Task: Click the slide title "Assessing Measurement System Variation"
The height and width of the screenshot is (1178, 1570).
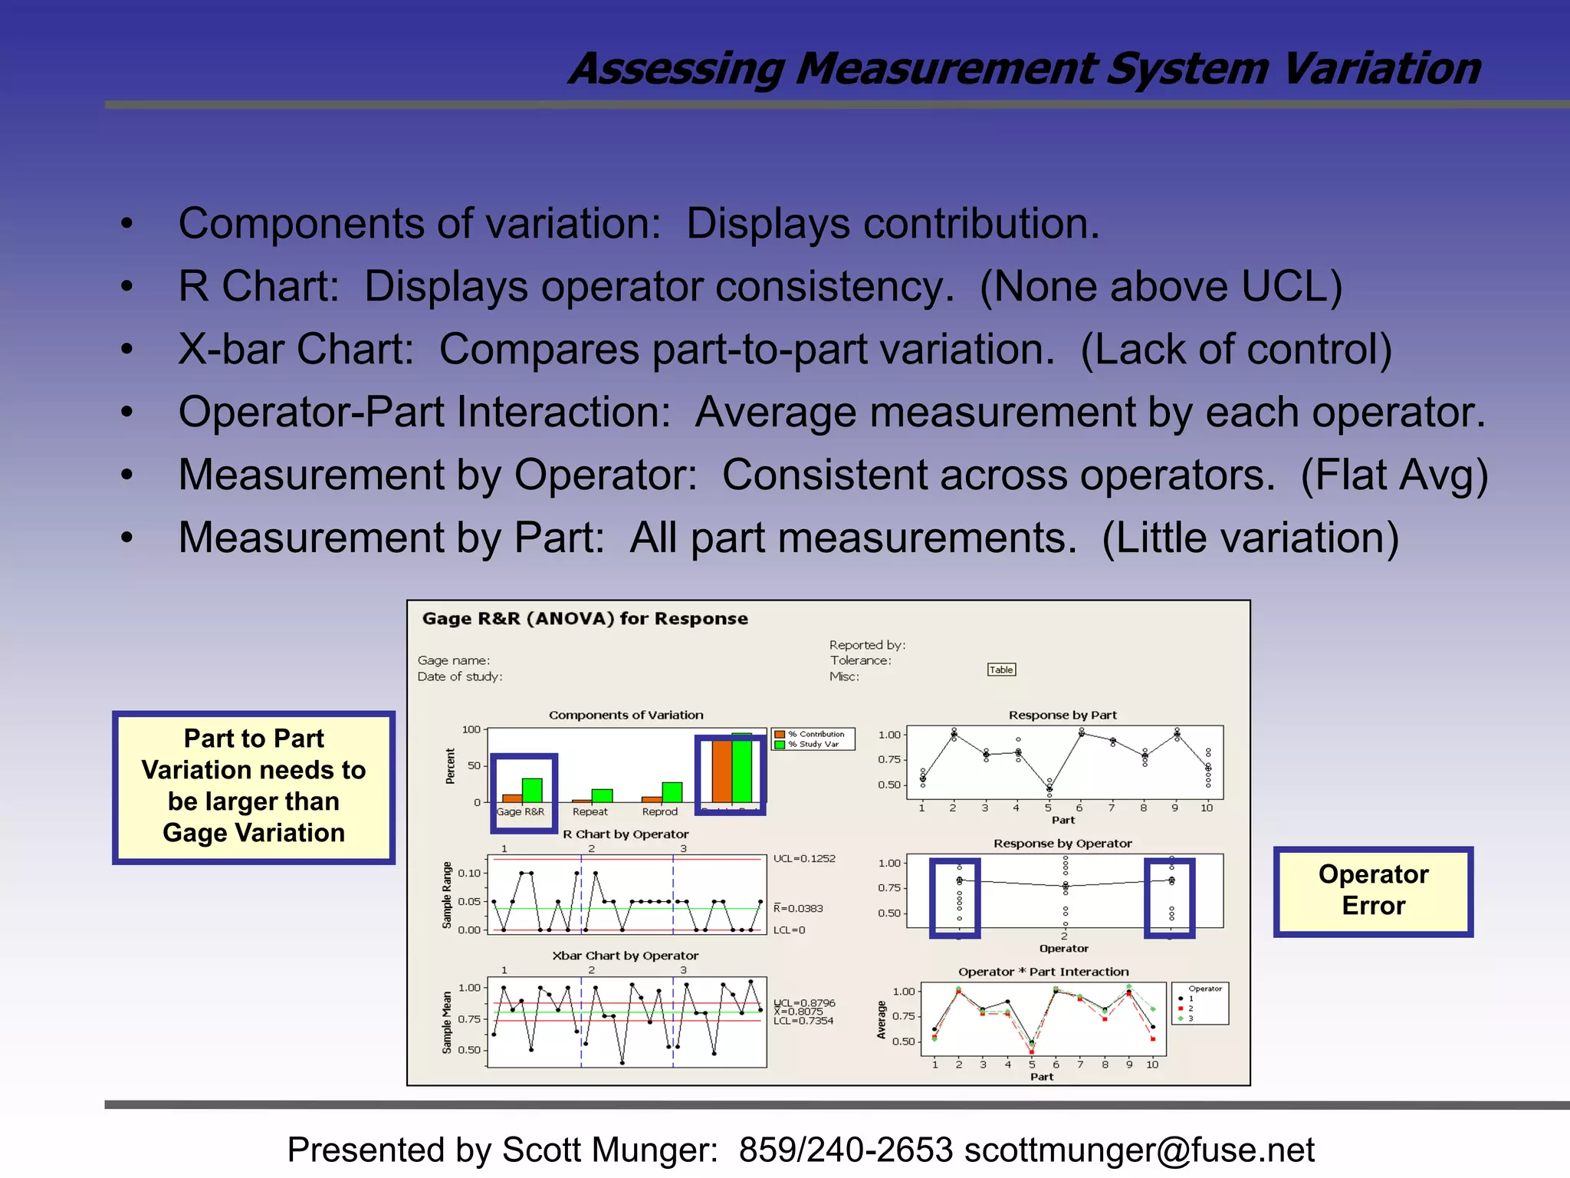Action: click(1024, 69)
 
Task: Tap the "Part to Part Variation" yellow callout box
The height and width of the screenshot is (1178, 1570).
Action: click(254, 786)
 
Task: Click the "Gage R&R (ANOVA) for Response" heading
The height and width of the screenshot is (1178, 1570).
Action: click(585, 619)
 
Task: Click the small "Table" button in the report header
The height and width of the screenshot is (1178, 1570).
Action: click(1001, 670)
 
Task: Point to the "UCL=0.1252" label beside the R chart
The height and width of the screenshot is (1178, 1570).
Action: click(804, 859)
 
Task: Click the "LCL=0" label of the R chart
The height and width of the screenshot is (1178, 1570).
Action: click(789, 930)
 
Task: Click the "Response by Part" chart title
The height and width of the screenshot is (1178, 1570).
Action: click(1063, 715)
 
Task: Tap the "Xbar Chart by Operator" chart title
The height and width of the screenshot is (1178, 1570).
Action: click(625, 956)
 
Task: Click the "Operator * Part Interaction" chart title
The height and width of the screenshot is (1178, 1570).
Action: click(1043, 972)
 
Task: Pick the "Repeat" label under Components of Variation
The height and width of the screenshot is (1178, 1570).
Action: click(590, 811)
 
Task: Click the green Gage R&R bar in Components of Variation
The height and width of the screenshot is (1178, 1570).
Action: click(532, 791)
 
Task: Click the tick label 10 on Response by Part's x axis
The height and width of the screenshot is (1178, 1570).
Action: click(1207, 808)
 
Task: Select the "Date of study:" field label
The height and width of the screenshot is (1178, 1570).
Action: click(459, 676)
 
